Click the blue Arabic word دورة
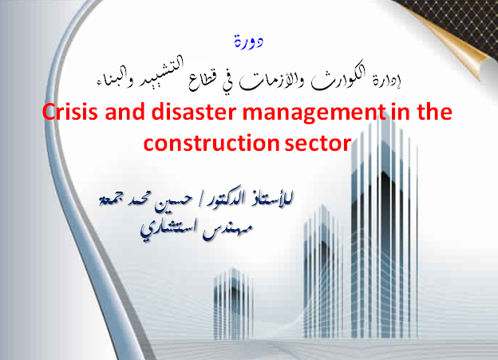tap(249, 42)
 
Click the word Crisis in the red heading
tap(70, 112)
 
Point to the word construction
tap(211, 143)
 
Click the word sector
tap(318, 143)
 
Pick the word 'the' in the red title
tap(435, 112)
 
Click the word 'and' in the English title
tap(125, 112)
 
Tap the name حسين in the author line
tap(173, 201)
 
